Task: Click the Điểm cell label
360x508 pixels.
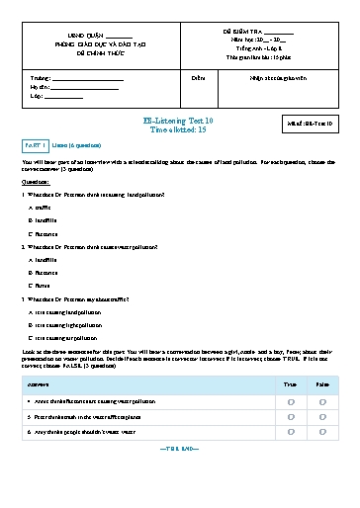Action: click(198, 76)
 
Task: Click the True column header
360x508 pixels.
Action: click(290, 383)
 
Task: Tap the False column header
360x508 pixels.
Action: click(322, 383)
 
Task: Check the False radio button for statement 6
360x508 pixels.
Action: click(322, 430)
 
